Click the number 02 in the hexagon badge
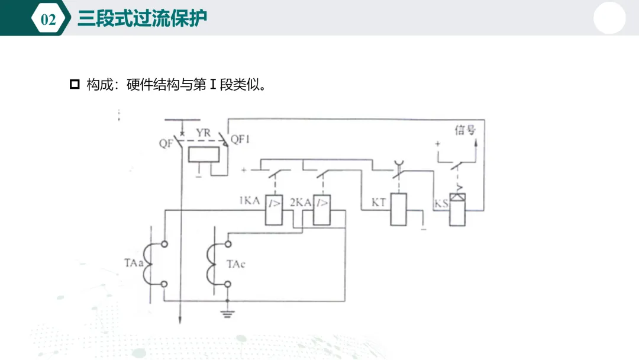pyautogui.click(x=49, y=19)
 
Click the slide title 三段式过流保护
pyautogui.click(x=142, y=18)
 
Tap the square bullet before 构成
pyautogui.click(x=75, y=85)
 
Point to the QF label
pyautogui.click(x=166, y=143)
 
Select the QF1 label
pyautogui.click(x=240, y=139)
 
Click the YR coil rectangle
pyautogui.click(x=204, y=155)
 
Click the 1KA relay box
pyautogui.click(x=274, y=210)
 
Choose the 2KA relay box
pyautogui.click(x=321, y=210)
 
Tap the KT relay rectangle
pyautogui.click(x=399, y=210)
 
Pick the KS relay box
pyautogui.click(x=457, y=210)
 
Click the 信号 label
pyautogui.click(x=465, y=130)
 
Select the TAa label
pyautogui.click(x=134, y=263)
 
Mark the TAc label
pyautogui.click(x=236, y=264)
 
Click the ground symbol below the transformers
pyautogui.click(x=227, y=314)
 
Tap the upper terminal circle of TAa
pyautogui.click(x=164, y=244)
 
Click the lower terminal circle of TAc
pyautogui.click(x=228, y=284)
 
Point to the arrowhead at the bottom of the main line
pyautogui.click(x=180, y=320)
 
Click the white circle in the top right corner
pyautogui.click(x=609, y=18)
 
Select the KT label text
pyautogui.click(x=379, y=202)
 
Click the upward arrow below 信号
pyautogui.click(x=476, y=150)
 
